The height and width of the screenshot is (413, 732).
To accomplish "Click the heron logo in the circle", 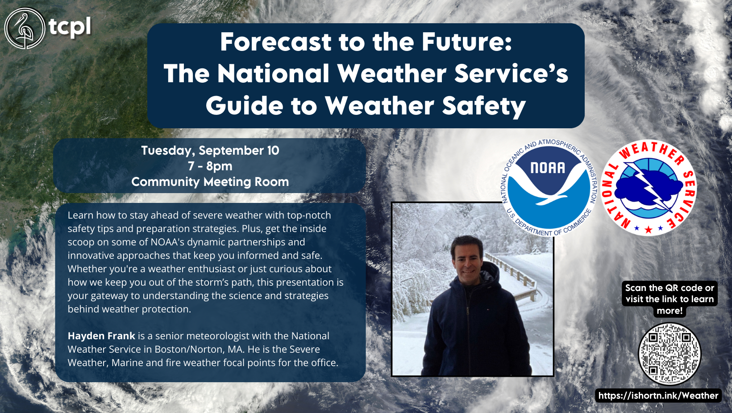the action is [x=25, y=28].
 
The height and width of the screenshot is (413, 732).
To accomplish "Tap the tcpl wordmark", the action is [x=70, y=27].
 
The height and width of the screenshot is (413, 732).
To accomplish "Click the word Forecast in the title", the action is [x=276, y=42].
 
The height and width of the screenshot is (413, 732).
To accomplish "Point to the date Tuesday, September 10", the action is [x=210, y=150].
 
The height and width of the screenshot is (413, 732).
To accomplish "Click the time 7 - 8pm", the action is [x=210, y=166].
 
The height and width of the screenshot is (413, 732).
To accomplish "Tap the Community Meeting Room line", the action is [x=210, y=181].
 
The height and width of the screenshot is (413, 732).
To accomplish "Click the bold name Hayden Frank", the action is [x=101, y=336].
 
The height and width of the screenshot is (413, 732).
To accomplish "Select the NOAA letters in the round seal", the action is [x=548, y=168].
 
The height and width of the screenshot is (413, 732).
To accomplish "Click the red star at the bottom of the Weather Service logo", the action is [x=649, y=230].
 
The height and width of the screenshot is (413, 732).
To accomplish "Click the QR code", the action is [x=670, y=354].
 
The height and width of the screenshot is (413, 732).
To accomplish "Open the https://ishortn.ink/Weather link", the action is [x=658, y=396].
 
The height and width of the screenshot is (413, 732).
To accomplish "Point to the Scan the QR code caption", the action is [x=670, y=299].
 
